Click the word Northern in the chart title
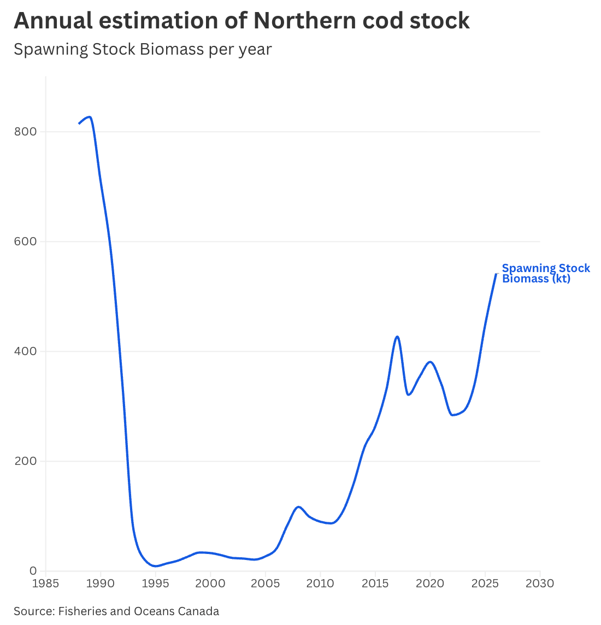[304, 20]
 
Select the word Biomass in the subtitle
[172, 49]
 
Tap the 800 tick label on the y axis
[25, 132]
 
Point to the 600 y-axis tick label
[25, 241]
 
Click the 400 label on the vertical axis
[25, 351]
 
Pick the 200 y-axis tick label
[25, 461]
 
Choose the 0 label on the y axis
[33, 571]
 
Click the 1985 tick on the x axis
[45, 583]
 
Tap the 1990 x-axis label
[101, 583]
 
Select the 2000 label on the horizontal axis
[210, 583]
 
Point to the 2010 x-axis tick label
[320, 583]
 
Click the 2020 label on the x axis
[430, 583]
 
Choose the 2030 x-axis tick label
[540, 583]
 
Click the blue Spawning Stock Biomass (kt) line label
[546, 273]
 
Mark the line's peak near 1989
[90, 117]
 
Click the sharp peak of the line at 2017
[397, 337]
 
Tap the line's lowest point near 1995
[155, 566]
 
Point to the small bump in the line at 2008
[298, 506]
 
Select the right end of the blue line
[496, 274]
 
